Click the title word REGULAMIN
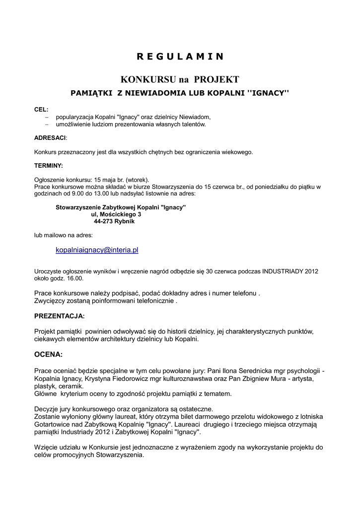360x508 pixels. (x=180, y=56)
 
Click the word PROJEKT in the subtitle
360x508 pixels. (x=216, y=79)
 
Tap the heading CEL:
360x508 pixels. (x=41, y=109)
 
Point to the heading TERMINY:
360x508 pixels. (x=49, y=165)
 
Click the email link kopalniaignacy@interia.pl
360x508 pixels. (x=97, y=251)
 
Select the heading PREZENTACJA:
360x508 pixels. (x=60, y=316)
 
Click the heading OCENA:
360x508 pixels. (x=48, y=355)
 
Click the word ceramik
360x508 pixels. (x=71, y=386)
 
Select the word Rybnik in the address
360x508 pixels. (x=125, y=221)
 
